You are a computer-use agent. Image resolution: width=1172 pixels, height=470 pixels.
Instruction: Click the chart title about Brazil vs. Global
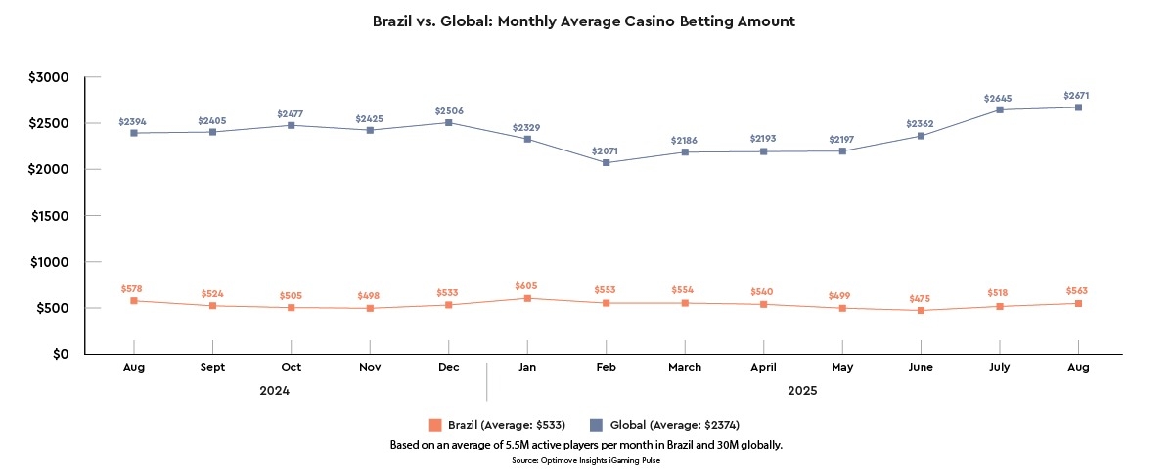click(x=585, y=21)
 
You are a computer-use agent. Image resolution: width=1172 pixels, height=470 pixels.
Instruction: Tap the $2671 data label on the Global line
click(x=1076, y=96)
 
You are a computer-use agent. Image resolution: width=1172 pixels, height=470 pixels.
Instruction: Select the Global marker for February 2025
click(x=606, y=163)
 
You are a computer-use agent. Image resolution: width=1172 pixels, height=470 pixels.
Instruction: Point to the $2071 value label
click(x=606, y=151)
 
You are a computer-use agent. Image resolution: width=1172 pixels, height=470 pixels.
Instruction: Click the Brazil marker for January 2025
click(x=527, y=298)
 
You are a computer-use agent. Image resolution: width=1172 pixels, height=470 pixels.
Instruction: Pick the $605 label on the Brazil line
click(x=527, y=285)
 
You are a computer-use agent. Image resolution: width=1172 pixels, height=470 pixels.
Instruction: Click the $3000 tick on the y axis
click(x=48, y=77)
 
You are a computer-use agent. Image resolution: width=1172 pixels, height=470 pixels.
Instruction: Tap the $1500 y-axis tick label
click(x=48, y=216)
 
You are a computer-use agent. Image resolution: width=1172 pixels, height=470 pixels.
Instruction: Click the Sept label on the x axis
click(x=212, y=367)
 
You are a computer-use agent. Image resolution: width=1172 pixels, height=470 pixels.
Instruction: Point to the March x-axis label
click(x=685, y=367)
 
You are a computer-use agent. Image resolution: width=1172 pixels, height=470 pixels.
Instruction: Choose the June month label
click(x=921, y=367)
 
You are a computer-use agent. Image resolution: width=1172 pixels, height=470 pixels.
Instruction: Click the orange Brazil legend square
click(x=435, y=425)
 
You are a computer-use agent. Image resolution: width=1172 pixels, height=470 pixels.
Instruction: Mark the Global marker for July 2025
click(x=1000, y=109)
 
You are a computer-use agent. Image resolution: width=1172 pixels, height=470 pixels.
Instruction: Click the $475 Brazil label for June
click(x=921, y=297)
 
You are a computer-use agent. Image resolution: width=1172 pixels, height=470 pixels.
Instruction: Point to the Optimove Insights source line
click(x=585, y=459)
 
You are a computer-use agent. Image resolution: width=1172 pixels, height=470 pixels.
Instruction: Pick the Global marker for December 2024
click(x=448, y=122)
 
